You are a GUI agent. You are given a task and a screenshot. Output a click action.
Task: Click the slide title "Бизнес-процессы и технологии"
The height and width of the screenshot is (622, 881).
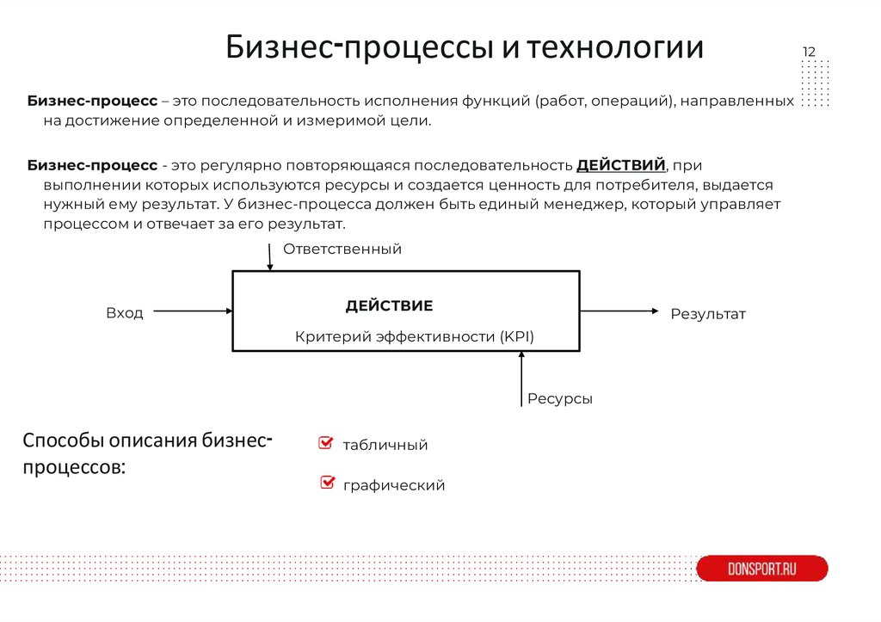pos(465,47)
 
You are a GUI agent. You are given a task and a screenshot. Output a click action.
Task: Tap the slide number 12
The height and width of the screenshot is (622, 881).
pos(809,52)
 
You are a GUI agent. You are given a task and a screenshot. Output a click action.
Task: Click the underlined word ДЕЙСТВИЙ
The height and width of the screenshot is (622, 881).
pos(620,164)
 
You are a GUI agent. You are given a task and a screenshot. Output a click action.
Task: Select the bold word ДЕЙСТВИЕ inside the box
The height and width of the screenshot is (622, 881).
pos(389,306)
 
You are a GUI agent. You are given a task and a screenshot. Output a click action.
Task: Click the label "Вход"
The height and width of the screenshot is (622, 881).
pos(125,313)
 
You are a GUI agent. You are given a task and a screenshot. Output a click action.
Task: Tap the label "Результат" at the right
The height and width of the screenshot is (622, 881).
pos(708,314)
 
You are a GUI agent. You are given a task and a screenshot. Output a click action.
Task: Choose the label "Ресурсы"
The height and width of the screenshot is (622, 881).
pos(560,399)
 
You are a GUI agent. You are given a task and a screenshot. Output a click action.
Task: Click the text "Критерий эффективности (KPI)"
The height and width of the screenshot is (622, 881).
pos(415,337)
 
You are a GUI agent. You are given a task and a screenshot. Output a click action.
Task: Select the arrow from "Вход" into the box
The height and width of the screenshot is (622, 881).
pos(194,311)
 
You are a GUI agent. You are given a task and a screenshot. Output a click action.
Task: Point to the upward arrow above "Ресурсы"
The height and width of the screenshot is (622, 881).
pos(521,379)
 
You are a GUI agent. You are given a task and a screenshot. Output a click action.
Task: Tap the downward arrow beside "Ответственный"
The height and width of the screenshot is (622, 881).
pos(270,256)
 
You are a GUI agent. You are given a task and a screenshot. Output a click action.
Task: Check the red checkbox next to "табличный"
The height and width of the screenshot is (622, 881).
pos(325,443)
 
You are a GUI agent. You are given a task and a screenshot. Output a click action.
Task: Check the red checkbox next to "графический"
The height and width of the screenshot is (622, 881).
pos(327,483)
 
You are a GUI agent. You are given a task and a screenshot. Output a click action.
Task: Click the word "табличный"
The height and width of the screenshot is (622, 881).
pos(385,446)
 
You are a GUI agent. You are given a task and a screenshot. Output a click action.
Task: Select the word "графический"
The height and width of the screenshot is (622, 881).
pos(394,485)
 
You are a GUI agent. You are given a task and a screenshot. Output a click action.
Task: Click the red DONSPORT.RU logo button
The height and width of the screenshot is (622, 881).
pos(761,569)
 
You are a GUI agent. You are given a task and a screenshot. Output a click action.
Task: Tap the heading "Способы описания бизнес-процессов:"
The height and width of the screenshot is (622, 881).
pos(148,455)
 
